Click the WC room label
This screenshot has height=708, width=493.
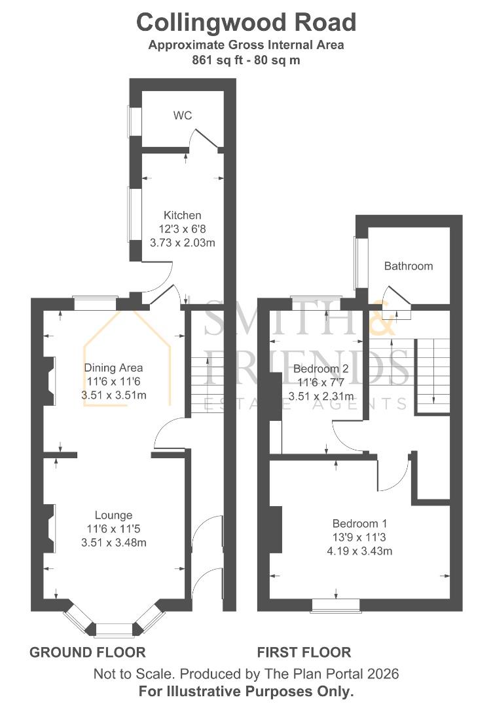click(183, 115)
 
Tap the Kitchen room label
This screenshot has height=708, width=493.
click(182, 215)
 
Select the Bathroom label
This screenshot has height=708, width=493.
click(409, 266)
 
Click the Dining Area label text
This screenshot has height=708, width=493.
click(113, 368)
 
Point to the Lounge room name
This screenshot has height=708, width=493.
click(113, 515)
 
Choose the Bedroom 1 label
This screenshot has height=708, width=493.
click(359, 524)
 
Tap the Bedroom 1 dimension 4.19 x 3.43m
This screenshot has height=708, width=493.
click(359, 551)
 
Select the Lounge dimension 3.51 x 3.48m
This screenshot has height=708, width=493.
click(113, 542)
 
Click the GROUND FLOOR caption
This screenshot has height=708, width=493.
click(88, 652)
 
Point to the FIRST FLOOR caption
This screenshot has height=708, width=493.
click(304, 652)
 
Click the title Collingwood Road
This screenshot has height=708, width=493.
click(246, 22)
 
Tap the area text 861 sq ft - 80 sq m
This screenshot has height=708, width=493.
click(246, 60)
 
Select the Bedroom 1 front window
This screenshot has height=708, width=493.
click(335, 604)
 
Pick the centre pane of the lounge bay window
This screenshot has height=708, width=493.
click(114, 630)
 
